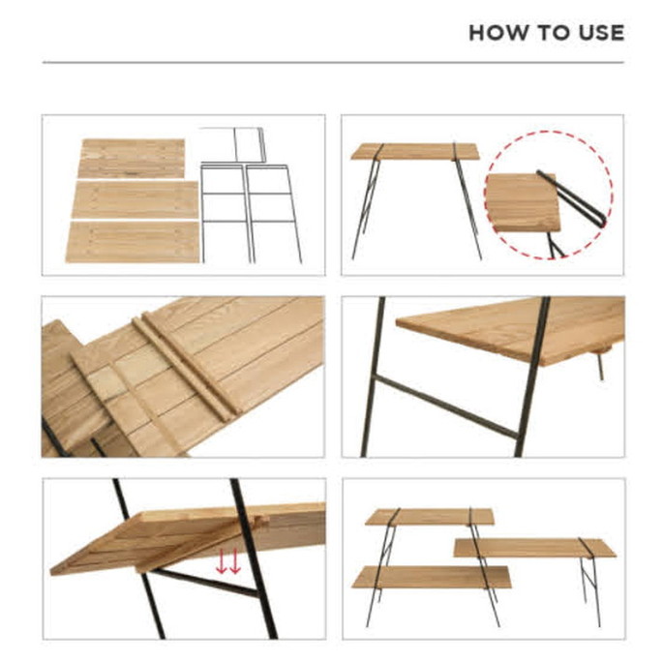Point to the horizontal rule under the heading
333,63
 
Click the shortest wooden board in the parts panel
132,159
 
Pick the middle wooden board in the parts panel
135,199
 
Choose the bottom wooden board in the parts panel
133,242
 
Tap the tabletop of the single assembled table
415,151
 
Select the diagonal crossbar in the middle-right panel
446,407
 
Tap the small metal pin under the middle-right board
600,367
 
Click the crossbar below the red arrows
205,583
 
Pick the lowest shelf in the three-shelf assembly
432,577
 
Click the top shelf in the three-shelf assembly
430,517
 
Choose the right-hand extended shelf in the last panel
535,548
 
